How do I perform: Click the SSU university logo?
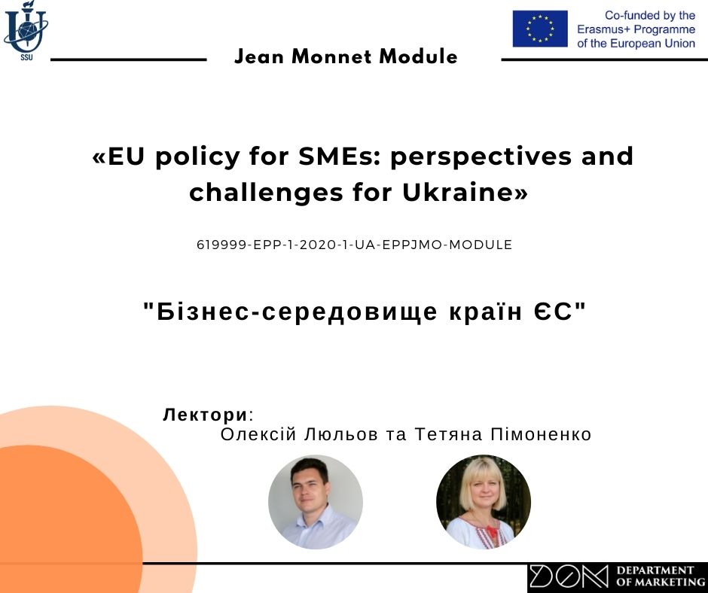click(x=25, y=31)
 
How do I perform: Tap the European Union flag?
click(x=540, y=29)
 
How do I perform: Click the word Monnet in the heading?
click(x=332, y=57)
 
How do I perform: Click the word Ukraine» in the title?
click(x=465, y=192)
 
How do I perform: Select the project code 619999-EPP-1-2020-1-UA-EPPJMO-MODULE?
click(x=355, y=245)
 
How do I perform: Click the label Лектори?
click(x=206, y=415)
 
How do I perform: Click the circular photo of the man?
click(x=316, y=502)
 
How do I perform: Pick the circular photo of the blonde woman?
click(x=484, y=502)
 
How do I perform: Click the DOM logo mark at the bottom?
click(x=569, y=576)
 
